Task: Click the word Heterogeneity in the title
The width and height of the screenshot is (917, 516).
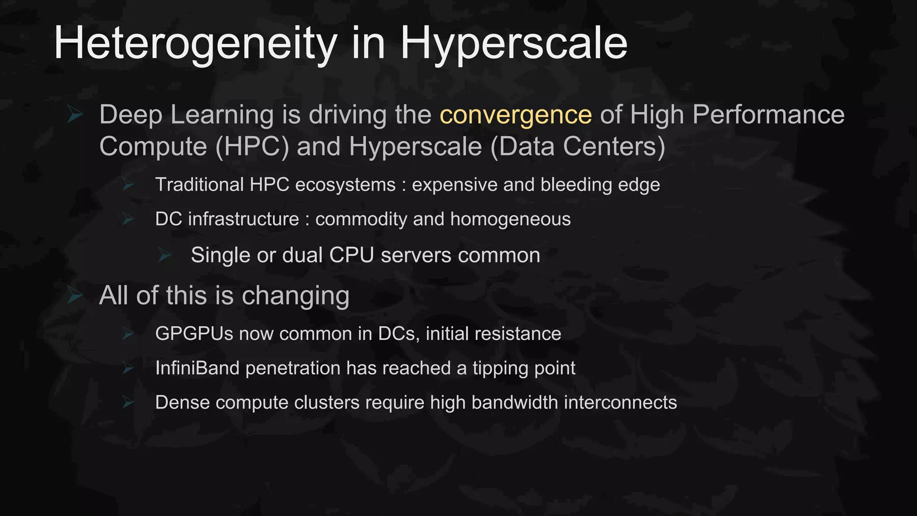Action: [x=195, y=43]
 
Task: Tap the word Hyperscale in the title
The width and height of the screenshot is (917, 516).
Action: [x=514, y=43]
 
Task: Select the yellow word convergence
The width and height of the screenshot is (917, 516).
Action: [x=515, y=115]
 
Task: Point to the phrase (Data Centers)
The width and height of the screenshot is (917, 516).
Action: [x=578, y=146]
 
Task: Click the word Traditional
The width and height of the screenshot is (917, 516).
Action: [x=199, y=185]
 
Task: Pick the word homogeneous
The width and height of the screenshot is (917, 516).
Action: [x=510, y=219]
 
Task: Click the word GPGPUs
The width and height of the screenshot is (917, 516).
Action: [x=194, y=334]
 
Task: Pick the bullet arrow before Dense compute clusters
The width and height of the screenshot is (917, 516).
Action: [x=128, y=403]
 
